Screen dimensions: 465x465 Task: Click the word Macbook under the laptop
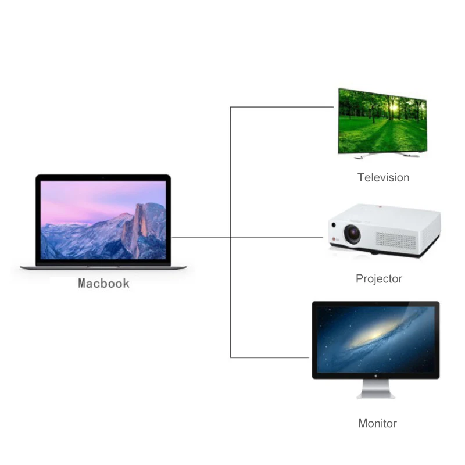point(103,284)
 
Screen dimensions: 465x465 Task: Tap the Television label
point(383,177)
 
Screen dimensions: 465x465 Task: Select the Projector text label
point(378,279)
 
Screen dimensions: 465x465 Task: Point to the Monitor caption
point(377,423)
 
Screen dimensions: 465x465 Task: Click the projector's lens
point(352,232)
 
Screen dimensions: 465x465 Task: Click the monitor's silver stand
point(375,389)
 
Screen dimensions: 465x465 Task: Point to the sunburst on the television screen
point(394,107)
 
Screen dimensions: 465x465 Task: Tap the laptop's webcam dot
point(103,177)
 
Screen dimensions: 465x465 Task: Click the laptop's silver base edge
point(103,267)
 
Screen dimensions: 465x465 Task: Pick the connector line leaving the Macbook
point(201,237)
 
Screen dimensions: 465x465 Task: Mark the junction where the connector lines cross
point(231,237)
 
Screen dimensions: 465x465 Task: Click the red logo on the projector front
point(333,238)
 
